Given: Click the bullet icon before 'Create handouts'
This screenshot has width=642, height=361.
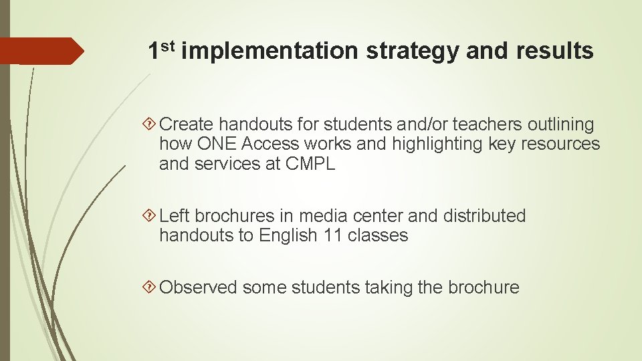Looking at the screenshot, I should point(152,124).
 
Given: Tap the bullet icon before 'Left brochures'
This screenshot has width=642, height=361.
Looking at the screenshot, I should point(152,216).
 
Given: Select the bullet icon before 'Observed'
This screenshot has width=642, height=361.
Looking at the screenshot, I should point(152,287).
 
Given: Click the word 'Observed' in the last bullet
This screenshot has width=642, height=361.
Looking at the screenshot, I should point(199,287).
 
